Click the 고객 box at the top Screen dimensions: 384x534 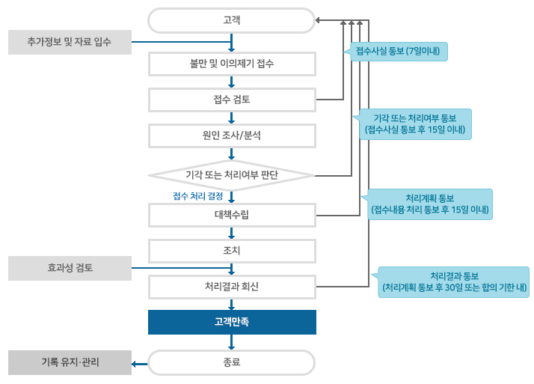click(x=232, y=20)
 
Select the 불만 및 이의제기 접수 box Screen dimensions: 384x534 click(x=232, y=64)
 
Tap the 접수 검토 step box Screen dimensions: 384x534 click(x=232, y=100)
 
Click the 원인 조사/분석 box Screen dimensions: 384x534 click(x=232, y=135)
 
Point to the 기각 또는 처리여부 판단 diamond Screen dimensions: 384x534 click(x=232, y=175)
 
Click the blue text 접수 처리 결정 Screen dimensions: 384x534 click(x=198, y=196)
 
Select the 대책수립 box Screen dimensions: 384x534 click(x=232, y=215)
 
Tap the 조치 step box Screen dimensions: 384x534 click(x=232, y=250)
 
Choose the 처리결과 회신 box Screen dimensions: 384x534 click(x=232, y=286)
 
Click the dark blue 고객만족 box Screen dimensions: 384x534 click(x=232, y=322)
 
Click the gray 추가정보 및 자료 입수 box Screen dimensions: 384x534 click(x=70, y=42)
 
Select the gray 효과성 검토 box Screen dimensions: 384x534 click(x=70, y=266)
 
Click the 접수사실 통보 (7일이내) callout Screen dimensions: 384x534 click(x=400, y=51)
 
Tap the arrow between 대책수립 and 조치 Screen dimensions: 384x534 click(x=232, y=232)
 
